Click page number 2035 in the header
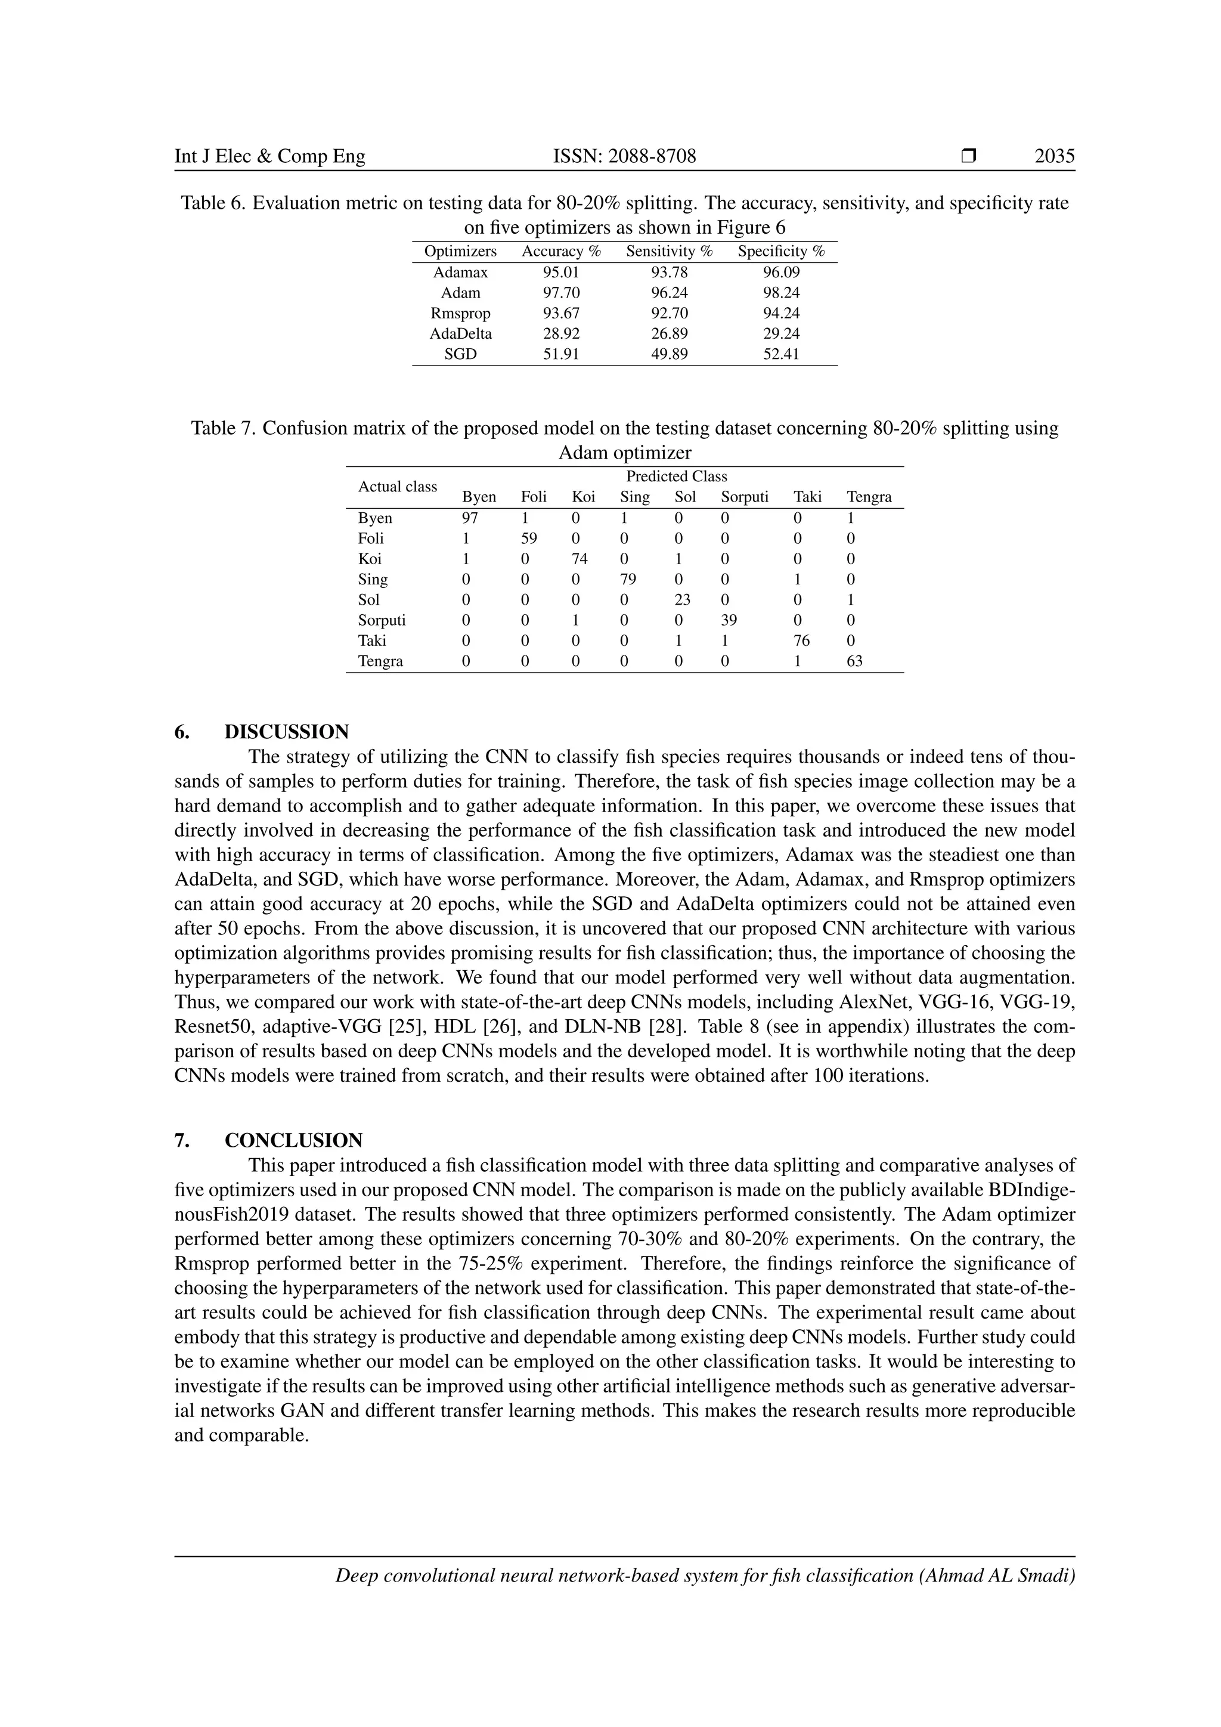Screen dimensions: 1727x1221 coord(1054,156)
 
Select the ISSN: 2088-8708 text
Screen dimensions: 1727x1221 coord(624,156)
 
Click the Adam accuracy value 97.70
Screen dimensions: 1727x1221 coord(561,293)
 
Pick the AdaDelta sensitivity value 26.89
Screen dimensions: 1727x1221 coord(669,333)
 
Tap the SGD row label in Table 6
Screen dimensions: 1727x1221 coord(460,354)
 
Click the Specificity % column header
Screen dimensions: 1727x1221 coord(781,251)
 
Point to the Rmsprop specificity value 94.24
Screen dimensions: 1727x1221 coord(781,313)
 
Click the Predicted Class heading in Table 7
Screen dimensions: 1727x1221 coord(676,476)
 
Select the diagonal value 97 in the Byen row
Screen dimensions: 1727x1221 coord(470,518)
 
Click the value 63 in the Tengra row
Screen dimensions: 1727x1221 coord(854,661)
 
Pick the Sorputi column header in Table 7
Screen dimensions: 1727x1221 coord(743,496)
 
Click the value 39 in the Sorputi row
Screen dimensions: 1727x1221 coord(729,620)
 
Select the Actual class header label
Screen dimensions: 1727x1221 coord(397,487)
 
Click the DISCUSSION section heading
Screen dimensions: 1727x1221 coord(286,732)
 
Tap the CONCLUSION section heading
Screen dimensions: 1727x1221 coord(293,1140)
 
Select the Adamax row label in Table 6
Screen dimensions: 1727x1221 coord(460,273)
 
